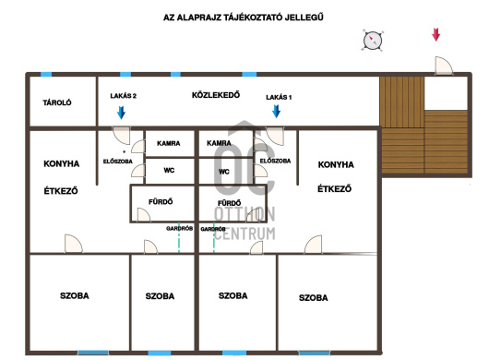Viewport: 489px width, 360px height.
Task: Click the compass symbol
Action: [x=373, y=41]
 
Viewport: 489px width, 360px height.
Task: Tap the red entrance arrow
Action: [x=435, y=34]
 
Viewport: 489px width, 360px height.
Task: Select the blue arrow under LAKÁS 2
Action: [x=121, y=113]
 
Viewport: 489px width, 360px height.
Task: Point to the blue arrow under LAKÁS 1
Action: [x=276, y=111]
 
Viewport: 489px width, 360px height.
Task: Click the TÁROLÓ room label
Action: [x=57, y=102]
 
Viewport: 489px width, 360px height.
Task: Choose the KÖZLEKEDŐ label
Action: [x=216, y=95]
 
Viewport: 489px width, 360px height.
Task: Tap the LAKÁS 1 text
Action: [x=279, y=97]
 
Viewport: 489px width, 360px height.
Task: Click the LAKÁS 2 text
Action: [x=124, y=96]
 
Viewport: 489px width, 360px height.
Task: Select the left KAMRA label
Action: [x=169, y=143]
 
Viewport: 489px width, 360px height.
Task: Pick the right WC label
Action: [x=224, y=172]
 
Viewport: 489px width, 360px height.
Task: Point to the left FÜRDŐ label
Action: [x=161, y=202]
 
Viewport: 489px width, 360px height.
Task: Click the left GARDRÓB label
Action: [x=179, y=228]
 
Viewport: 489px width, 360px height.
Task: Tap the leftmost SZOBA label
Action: [x=75, y=295]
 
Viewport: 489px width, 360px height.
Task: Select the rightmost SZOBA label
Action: [x=314, y=298]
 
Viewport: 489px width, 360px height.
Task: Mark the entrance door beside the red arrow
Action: [x=444, y=66]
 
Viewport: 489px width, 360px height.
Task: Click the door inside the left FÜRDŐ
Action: [x=143, y=215]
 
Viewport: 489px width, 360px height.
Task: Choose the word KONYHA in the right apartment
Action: [x=336, y=164]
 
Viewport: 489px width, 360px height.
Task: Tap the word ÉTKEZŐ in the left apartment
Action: [x=61, y=190]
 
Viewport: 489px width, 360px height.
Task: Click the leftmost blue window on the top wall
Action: [x=46, y=74]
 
